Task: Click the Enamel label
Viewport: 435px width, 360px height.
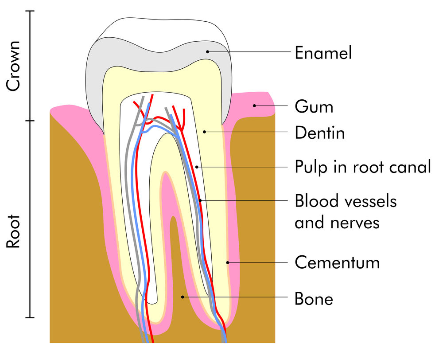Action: click(323, 53)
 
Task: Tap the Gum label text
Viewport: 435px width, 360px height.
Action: click(314, 107)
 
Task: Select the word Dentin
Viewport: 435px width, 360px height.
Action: click(320, 133)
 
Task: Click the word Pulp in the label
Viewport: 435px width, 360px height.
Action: click(311, 168)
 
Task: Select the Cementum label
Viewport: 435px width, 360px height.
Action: click(337, 262)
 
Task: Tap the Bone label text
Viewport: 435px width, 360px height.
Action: click(314, 299)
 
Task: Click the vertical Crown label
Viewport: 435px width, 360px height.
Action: click(13, 66)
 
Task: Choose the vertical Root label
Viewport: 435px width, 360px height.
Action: click(13, 231)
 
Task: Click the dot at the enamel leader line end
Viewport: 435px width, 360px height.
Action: click(207, 51)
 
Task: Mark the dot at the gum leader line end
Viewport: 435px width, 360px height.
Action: click(254, 106)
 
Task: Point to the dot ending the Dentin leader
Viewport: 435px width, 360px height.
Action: click(205, 132)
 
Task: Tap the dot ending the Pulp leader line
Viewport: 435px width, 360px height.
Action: click(197, 167)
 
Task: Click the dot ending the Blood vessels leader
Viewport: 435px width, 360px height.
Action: click(200, 200)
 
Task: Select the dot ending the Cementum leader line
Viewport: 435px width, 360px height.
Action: click(228, 262)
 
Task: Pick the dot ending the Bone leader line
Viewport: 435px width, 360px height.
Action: click(183, 297)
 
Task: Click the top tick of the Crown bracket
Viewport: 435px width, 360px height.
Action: click(30, 11)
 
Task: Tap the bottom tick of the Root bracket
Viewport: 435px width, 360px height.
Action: click(30, 317)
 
